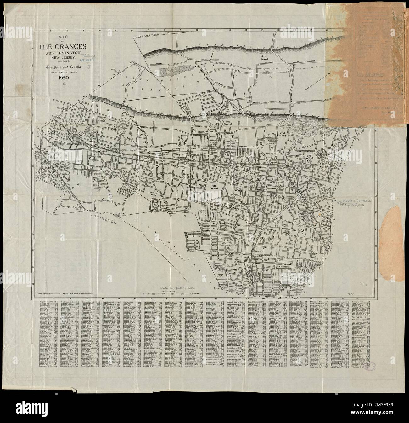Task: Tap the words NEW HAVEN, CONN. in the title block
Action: [63, 72]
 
